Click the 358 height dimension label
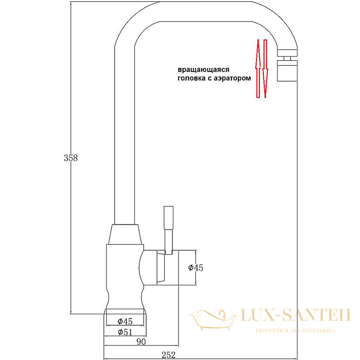(71, 158)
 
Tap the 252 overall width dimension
(168, 355)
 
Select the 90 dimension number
(141, 342)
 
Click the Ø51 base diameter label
(125, 332)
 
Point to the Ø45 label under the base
(125, 321)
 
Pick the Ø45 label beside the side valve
(196, 268)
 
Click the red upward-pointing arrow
(258, 68)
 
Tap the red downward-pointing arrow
(265, 69)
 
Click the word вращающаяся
(203, 70)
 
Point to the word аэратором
(232, 78)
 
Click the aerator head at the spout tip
(287, 71)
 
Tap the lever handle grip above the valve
(168, 217)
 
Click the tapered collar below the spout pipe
(125, 234)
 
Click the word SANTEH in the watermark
(316, 315)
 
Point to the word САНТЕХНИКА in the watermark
(317, 331)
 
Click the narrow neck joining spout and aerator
(287, 58)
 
